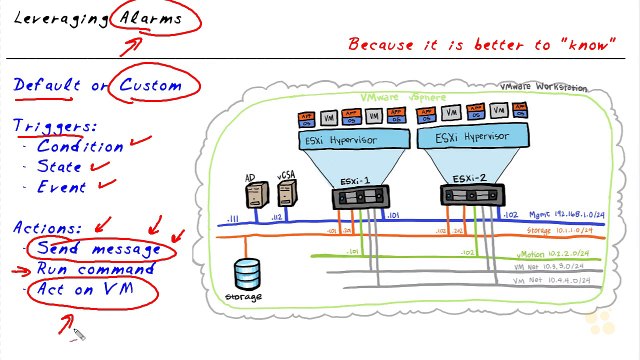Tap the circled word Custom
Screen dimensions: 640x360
pos(151,85)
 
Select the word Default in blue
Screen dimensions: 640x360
pos(47,85)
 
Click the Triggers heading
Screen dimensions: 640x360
pos(55,126)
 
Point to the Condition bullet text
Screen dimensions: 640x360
pos(79,146)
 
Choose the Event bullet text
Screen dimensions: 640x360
pos(61,186)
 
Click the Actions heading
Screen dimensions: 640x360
pos(49,228)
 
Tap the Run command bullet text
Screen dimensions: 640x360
pos(95,268)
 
